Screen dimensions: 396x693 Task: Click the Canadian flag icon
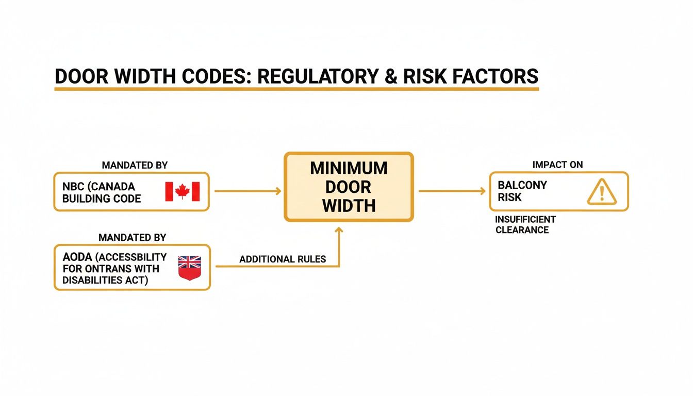point(182,191)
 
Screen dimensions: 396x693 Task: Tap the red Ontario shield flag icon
point(189,268)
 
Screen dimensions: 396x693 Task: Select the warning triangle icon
point(601,192)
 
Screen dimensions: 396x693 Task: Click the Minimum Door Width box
point(349,187)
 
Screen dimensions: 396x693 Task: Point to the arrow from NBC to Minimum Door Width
point(247,191)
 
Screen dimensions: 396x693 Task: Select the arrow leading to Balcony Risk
point(452,191)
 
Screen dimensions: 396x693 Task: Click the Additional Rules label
point(283,259)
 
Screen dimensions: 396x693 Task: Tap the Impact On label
point(558,164)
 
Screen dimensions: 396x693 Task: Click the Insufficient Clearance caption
point(525,224)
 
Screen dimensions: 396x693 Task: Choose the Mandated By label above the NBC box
point(135,166)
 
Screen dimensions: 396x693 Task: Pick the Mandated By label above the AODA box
point(133,238)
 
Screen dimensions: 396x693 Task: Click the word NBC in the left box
point(73,187)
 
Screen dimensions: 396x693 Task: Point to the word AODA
point(75,257)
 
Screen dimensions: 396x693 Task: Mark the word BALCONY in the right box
point(522,185)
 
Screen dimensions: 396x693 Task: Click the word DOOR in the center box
point(349,187)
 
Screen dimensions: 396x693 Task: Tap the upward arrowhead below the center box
point(339,230)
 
